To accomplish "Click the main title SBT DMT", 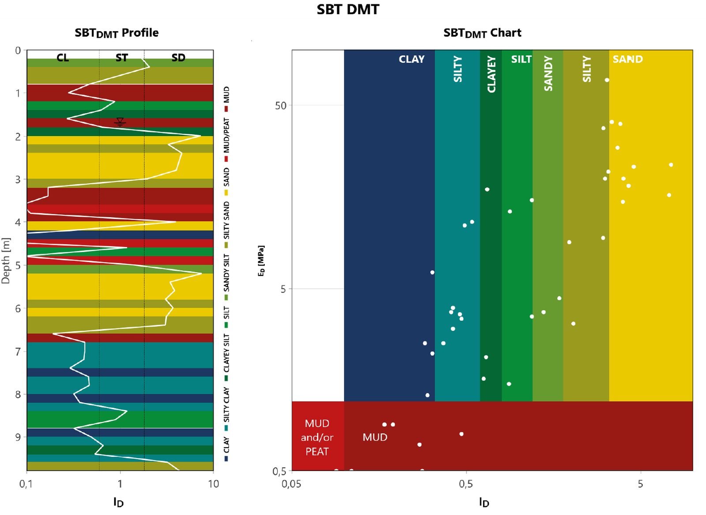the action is [x=348, y=9].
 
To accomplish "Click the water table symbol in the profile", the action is [x=120, y=122].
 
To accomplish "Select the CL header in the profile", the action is [x=63, y=58].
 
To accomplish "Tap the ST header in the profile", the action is [x=122, y=58].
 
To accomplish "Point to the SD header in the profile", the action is [x=178, y=58].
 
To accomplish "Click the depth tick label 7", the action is [x=18, y=351].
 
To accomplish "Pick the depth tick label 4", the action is [x=18, y=222].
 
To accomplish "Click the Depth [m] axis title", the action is [x=6, y=261].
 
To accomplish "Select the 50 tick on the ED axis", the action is [x=281, y=105].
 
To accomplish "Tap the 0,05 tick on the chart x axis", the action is [x=291, y=484].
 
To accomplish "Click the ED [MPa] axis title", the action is [x=261, y=261].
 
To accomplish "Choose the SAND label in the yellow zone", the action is [x=627, y=59].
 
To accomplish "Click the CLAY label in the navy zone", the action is [x=412, y=59].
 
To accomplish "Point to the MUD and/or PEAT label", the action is [x=317, y=437].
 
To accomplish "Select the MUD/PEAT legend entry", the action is [x=226, y=140].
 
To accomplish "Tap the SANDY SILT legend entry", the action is [x=226, y=277].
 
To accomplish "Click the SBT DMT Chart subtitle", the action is [x=482, y=33].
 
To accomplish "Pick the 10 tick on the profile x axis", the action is [x=214, y=484].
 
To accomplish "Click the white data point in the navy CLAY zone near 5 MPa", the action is [x=432, y=272].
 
